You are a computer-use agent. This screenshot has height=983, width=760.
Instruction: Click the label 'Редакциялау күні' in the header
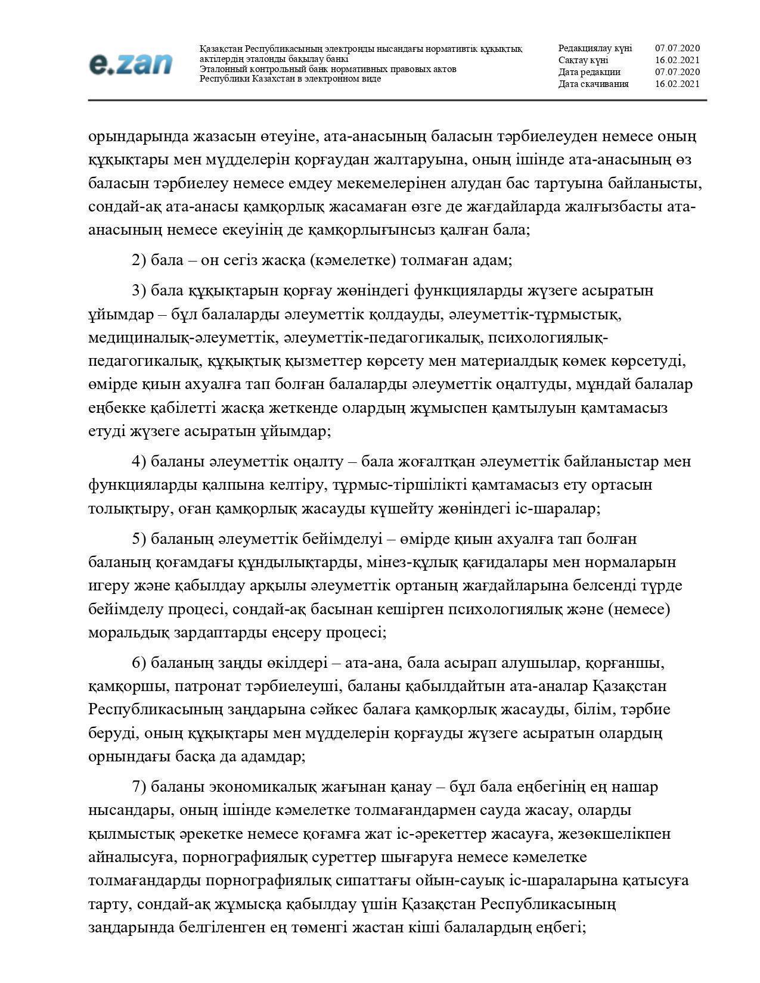(595, 48)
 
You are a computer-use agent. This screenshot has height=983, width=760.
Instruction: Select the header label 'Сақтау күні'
(583, 60)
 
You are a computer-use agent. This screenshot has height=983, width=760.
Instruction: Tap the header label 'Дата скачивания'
(593, 84)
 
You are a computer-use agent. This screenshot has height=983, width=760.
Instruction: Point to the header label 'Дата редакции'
(589, 72)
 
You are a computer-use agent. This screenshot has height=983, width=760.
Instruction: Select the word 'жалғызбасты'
(610, 207)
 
